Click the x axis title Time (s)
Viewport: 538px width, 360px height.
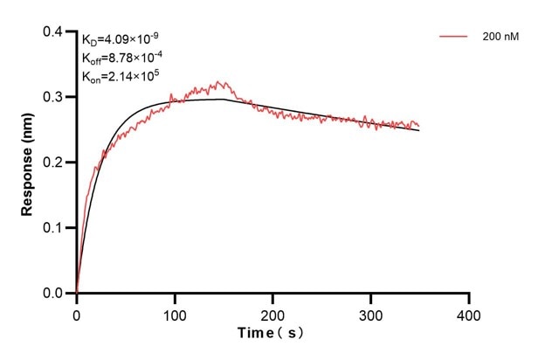[272, 334]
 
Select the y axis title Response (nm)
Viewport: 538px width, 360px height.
[28, 163]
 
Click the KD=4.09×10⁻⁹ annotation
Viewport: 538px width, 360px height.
[121, 39]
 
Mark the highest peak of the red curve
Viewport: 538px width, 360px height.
[224, 82]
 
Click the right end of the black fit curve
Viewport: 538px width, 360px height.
[419, 130]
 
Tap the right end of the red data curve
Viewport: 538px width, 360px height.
[419, 125]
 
